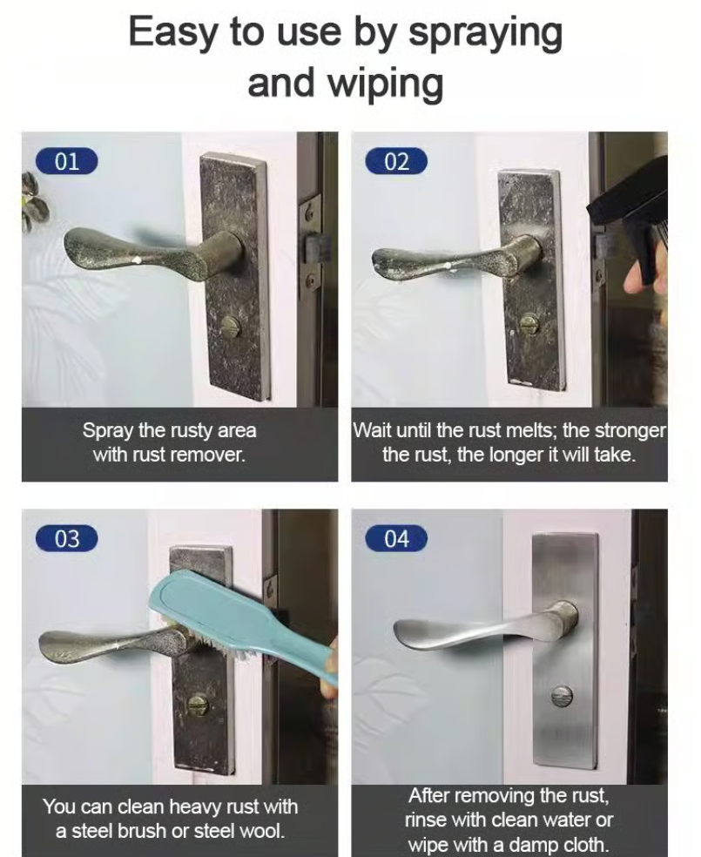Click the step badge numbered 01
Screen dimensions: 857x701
pos(66,161)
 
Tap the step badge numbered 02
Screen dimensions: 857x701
pos(396,161)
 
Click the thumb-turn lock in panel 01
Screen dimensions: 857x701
pos(231,327)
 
